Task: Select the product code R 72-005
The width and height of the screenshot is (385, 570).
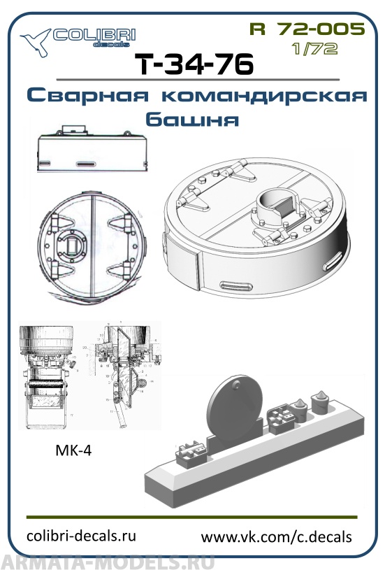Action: coord(306,29)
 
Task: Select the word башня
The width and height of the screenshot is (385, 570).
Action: coord(192,120)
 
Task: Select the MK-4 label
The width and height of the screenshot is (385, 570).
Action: coord(73,451)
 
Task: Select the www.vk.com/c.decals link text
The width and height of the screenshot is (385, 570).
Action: coord(276,536)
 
